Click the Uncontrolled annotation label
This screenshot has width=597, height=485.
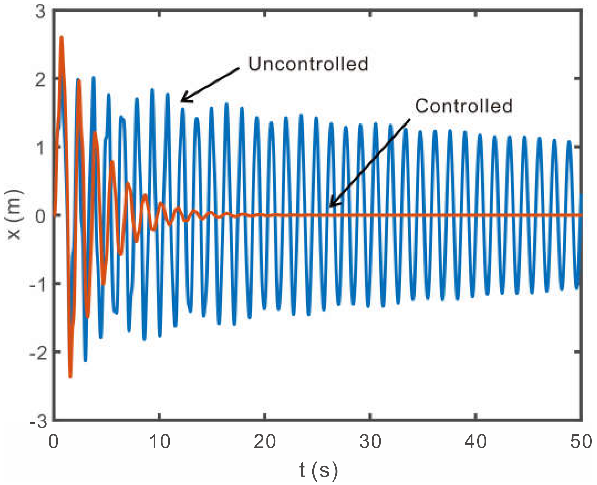(x=308, y=64)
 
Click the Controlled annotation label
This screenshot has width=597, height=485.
(x=463, y=106)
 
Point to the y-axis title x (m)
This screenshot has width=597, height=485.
(x=14, y=215)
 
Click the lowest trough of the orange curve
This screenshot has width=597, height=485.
(x=70, y=376)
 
